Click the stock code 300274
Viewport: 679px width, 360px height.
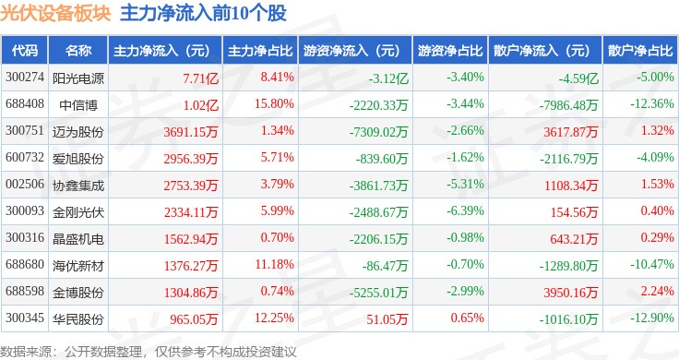(25, 78)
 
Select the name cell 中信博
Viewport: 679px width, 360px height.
(78, 105)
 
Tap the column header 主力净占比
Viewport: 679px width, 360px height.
(260, 51)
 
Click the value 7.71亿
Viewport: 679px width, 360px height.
(200, 78)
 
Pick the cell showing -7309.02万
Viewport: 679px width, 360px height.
(378, 132)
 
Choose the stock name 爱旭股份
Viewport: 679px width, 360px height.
(78, 159)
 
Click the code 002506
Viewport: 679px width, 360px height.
(25, 184)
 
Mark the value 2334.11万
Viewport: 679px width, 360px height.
(191, 212)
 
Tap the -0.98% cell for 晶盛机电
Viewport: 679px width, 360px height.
(465, 238)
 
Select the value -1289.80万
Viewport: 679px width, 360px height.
(568, 266)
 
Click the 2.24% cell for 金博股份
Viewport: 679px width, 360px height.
(658, 291)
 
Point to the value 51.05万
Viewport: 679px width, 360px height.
(387, 319)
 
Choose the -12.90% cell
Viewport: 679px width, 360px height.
(652, 318)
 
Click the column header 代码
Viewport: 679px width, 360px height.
(25, 51)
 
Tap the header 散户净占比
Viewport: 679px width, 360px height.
(640, 51)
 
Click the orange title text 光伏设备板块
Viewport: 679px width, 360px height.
(55, 14)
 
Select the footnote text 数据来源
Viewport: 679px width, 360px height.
(26, 352)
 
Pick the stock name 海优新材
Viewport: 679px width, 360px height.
(78, 266)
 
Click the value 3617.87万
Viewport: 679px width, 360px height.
(571, 132)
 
